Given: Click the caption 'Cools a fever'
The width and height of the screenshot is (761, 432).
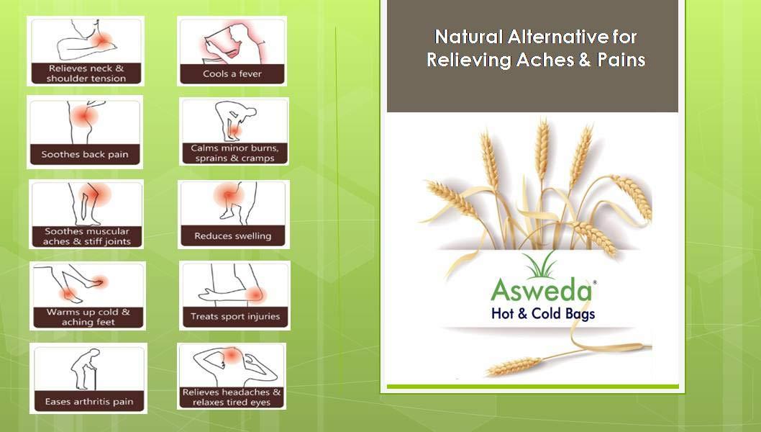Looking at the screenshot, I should pyautogui.click(x=232, y=74).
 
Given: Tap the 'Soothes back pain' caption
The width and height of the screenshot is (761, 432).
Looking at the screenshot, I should pyautogui.click(x=85, y=154).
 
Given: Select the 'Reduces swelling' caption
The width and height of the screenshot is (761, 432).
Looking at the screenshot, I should pyautogui.click(x=232, y=235).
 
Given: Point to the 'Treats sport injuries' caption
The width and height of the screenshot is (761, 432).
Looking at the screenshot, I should pyautogui.click(x=234, y=316).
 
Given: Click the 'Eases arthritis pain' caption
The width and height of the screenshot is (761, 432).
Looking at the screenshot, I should pyautogui.click(x=88, y=401).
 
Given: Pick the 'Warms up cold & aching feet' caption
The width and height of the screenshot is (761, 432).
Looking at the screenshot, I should pyautogui.click(x=88, y=318).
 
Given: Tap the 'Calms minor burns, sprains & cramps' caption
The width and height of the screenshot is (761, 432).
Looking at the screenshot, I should pyautogui.click(x=234, y=153).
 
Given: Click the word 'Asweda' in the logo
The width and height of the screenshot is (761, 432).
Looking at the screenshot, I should pyautogui.click(x=542, y=291).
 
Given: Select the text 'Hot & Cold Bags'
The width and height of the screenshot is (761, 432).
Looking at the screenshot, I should pyautogui.click(x=542, y=313).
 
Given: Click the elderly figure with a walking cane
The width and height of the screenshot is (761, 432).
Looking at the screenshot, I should pyautogui.click(x=82, y=369).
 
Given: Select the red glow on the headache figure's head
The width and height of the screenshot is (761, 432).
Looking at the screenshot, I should pyautogui.click(x=232, y=355).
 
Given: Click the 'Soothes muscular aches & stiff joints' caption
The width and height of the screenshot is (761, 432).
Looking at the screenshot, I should pyautogui.click(x=87, y=236).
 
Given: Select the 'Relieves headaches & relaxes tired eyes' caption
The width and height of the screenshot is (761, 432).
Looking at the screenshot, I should pyautogui.click(x=232, y=397).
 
